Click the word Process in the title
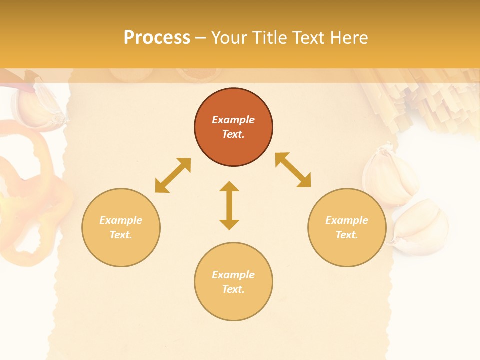tap(157, 38)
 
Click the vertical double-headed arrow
tap(229, 205)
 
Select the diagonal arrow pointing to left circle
tap(173, 175)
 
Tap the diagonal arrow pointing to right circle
tap(293, 170)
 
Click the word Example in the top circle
tap(233, 120)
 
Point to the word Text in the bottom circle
tap(233, 289)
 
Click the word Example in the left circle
tap(121, 220)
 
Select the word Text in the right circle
tap(347, 235)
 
